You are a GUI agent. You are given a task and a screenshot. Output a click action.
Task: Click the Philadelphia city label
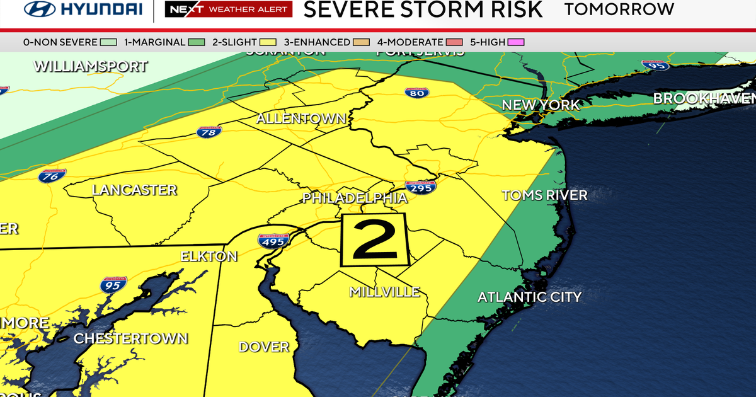coord(355,198)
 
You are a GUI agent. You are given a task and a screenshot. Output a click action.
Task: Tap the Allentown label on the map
coord(301,118)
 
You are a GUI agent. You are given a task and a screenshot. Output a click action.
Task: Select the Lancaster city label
coord(134,190)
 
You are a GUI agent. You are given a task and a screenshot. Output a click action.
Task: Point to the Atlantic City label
coord(529,297)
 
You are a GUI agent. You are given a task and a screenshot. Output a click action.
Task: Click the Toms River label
coord(544,195)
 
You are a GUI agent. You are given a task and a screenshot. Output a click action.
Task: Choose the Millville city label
coord(384,292)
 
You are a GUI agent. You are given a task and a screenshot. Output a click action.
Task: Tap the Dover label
coord(263,347)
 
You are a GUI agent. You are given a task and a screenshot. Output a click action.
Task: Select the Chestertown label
coord(130,338)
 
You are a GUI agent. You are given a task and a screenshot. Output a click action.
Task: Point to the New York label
coord(541,105)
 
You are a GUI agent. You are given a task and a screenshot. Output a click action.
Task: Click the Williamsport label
coord(91,66)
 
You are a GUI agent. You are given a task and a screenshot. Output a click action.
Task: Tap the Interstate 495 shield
coord(273,241)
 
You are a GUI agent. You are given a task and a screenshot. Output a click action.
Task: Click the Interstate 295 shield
coord(420,187)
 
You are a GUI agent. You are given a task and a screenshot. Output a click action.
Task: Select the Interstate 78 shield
coord(209,132)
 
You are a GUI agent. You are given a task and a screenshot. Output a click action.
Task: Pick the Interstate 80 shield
coord(417,93)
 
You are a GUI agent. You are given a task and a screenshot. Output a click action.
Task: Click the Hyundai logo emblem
coord(39,9)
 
